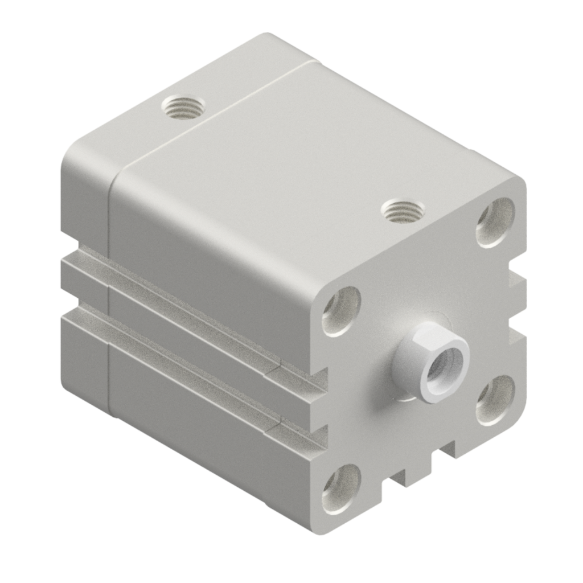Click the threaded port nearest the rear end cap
tap(183, 106)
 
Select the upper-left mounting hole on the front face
tap(342, 310)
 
